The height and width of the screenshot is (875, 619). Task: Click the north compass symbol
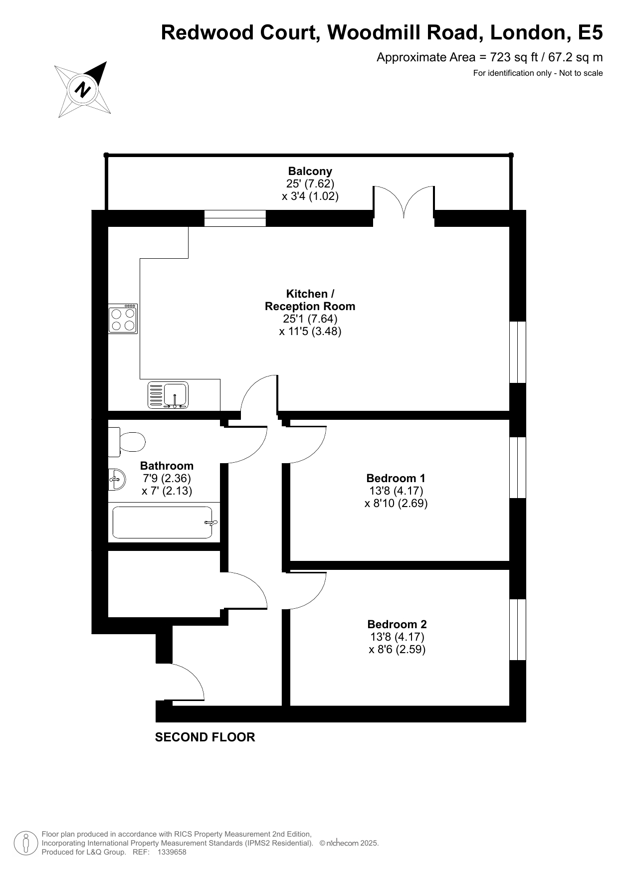tap(83, 90)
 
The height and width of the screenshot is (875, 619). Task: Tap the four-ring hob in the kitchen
tap(123, 319)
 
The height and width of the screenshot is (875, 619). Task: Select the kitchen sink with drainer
tap(168, 395)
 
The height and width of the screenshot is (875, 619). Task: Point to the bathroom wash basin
tap(116, 480)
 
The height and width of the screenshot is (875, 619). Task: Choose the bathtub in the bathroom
tap(164, 523)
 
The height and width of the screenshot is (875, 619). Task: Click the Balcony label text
tap(310, 171)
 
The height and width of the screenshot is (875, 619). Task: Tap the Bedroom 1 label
tap(396, 478)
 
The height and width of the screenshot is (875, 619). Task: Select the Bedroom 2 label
tap(397, 624)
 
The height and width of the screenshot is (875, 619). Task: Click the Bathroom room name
tap(167, 466)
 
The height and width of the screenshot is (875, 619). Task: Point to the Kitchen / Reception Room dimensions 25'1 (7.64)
tap(310, 319)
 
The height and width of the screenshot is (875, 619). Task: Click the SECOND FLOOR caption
tap(205, 737)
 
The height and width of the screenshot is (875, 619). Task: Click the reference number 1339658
tap(172, 852)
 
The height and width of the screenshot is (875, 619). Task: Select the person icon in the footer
tap(26, 843)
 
